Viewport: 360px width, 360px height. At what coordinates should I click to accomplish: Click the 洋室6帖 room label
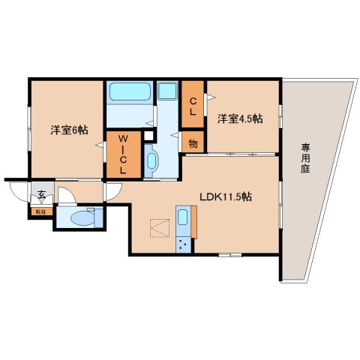68,128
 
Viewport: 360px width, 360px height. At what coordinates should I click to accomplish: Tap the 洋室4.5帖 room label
240,118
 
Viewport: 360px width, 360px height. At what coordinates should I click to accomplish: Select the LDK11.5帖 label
225,197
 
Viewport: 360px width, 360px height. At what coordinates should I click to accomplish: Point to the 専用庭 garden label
306,157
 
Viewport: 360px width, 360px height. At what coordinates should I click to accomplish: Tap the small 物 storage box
193,142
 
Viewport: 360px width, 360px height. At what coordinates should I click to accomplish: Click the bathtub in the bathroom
131,93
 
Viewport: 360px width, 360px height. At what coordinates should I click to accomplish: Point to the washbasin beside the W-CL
151,160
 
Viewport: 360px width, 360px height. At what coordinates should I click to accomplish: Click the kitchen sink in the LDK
183,220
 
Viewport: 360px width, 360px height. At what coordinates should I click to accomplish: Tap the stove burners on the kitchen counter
182,244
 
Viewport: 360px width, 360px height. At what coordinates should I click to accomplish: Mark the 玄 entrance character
41,197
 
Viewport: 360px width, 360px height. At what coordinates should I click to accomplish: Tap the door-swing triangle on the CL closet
210,96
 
